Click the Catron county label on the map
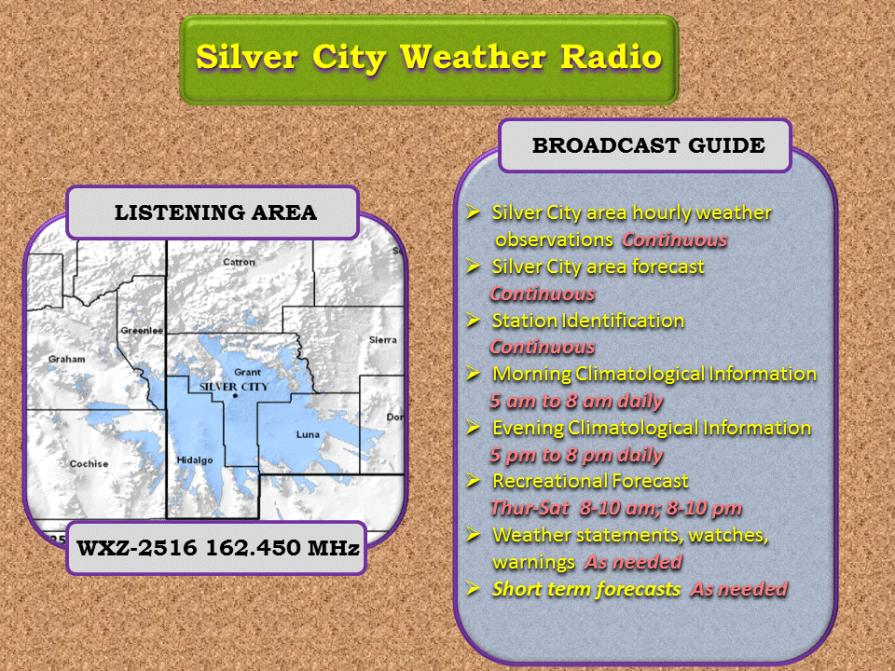click(239, 262)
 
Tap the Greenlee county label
click(142, 330)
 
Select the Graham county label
click(67, 359)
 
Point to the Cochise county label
click(89, 464)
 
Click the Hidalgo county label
click(195, 459)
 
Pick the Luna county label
click(308, 434)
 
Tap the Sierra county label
click(382, 340)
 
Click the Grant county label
click(247, 372)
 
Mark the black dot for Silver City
click(235, 395)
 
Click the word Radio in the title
click(611, 57)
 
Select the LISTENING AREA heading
click(215, 212)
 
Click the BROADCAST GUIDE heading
click(649, 145)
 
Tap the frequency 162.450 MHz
click(282, 548)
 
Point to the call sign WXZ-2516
click(137, 548)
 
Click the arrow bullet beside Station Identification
click(473, 320)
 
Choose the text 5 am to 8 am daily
click(576, 401)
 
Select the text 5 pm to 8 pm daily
click(576, 456)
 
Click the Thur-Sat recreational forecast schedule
click(616, 508)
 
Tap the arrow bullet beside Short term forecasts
click(473, 588)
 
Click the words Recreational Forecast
click(590, 481)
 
